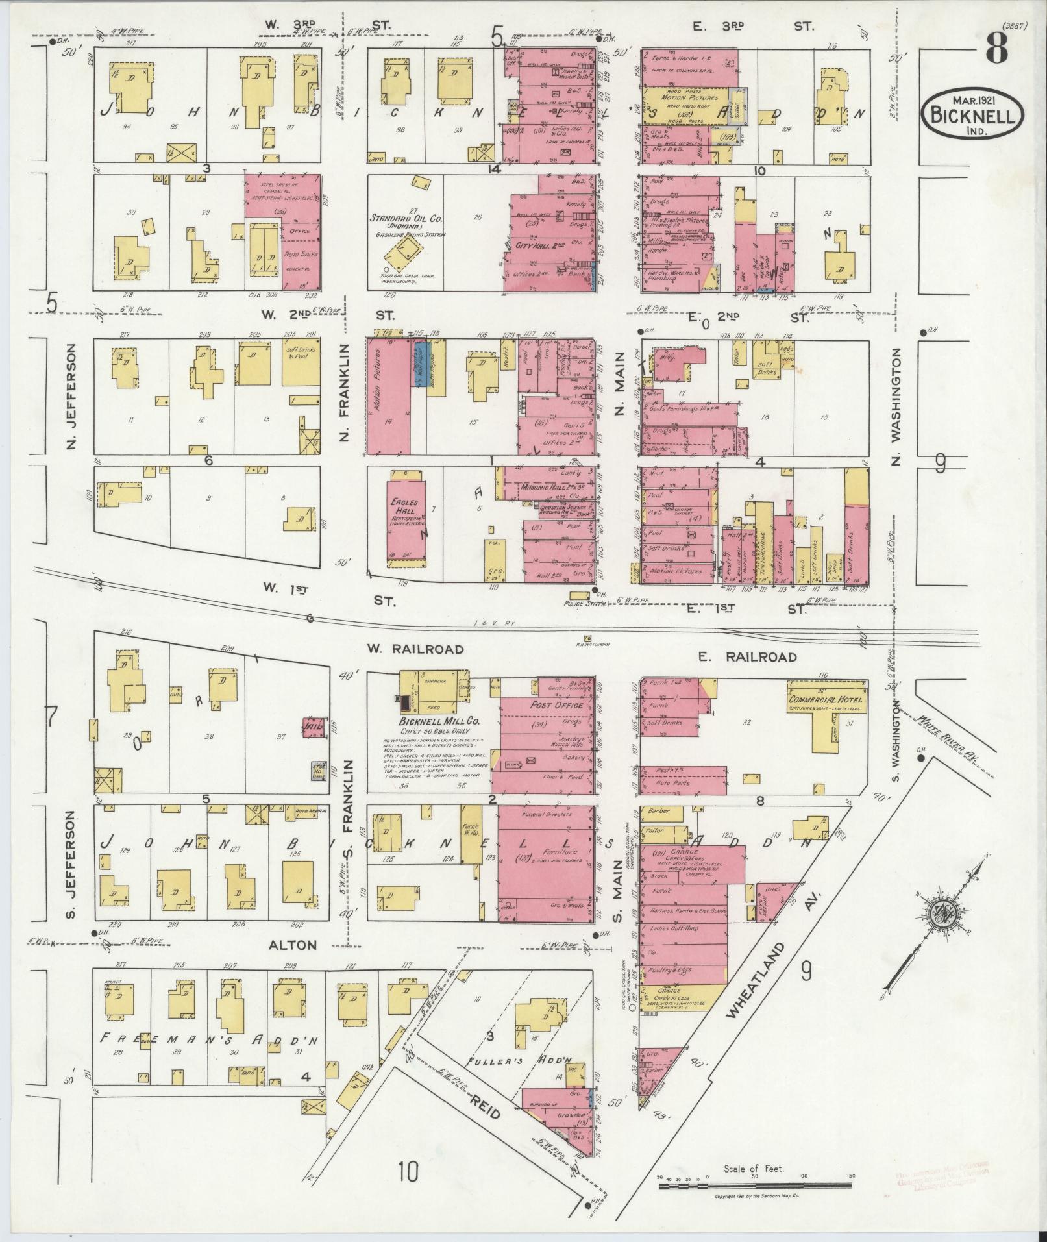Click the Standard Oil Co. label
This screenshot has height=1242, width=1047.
(406, 218)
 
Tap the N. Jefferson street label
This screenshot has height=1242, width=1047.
(73, 395)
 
